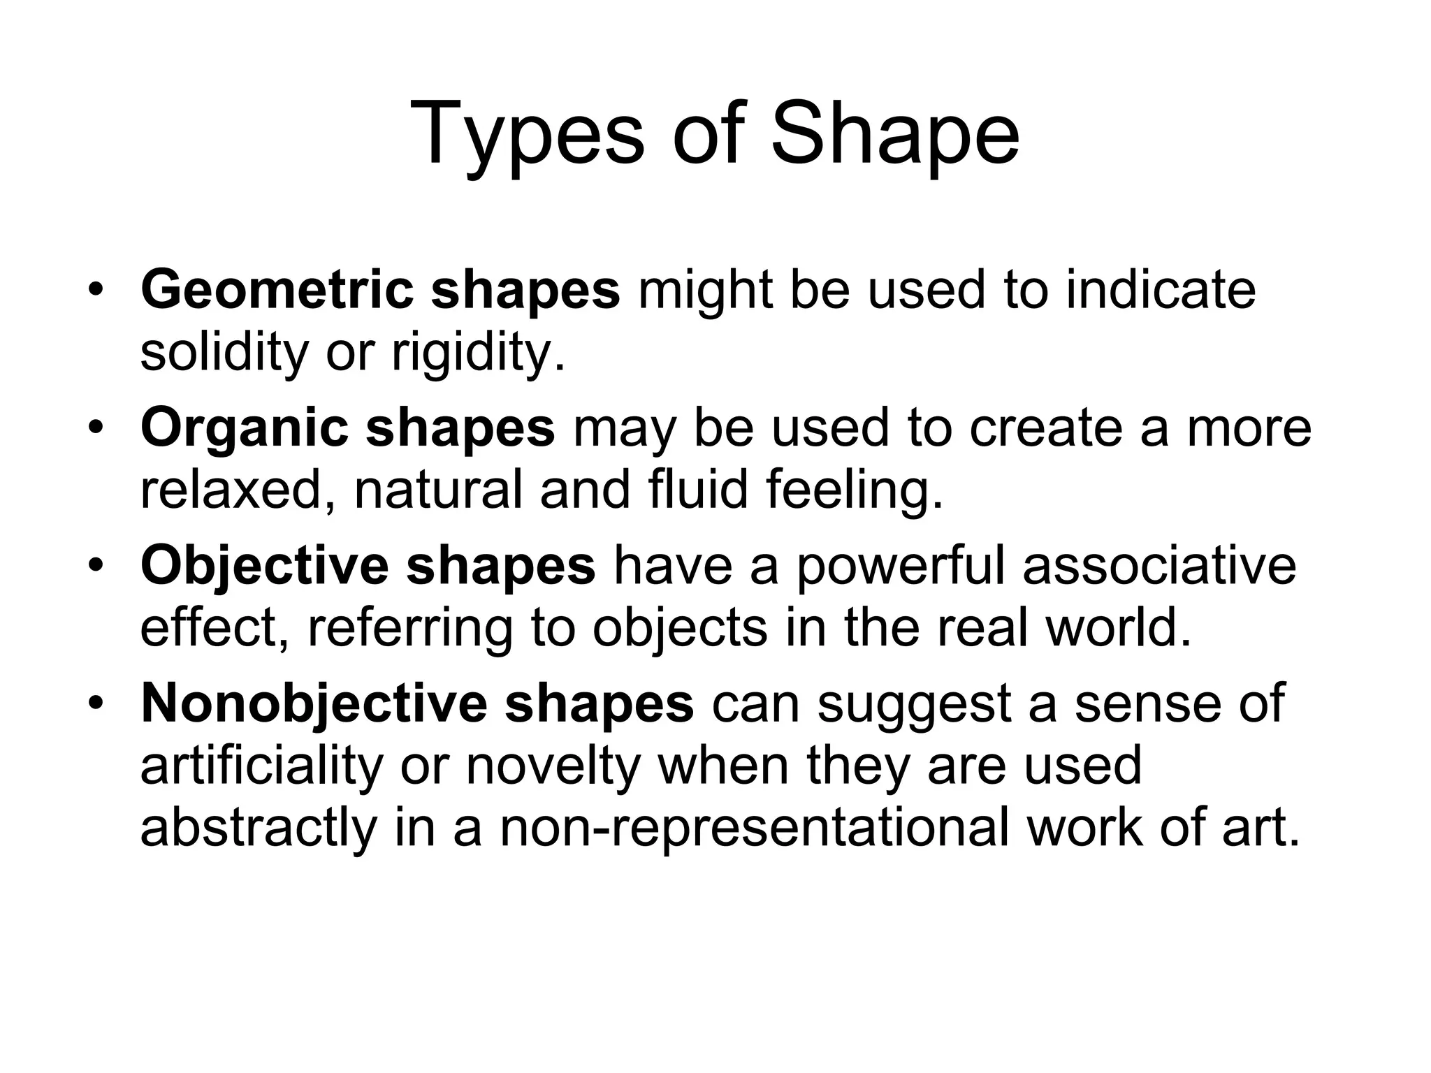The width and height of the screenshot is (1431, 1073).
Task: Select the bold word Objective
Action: point(264,565)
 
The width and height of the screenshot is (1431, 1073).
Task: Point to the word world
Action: point(1117,627)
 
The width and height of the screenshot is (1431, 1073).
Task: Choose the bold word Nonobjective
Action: point(314,703)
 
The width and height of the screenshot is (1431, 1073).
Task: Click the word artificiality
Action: point(262,765)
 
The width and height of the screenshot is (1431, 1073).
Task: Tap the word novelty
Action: point(553,765)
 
